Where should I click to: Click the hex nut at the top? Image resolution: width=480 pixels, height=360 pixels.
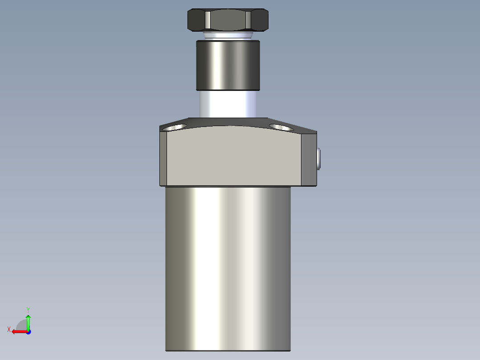pos(228,20)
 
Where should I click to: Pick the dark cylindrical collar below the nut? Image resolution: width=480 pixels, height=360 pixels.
pos(228,65)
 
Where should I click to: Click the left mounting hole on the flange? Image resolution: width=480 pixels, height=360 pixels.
pos(174,127)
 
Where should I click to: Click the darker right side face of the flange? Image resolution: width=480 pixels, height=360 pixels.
pos(309,159)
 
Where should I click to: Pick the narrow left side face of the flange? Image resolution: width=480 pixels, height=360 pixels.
pos(163,158)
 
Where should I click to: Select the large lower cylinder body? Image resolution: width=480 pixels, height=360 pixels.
pos(228,267)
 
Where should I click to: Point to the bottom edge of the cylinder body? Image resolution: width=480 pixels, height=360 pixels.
pos(228,350)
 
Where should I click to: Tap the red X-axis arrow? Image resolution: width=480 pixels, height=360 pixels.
pos(18,331)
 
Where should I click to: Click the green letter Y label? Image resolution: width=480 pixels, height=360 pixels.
pos(28,309)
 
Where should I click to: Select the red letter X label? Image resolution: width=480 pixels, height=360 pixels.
pos(8,330)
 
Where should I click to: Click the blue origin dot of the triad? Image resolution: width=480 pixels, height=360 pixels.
pos(28,331)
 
